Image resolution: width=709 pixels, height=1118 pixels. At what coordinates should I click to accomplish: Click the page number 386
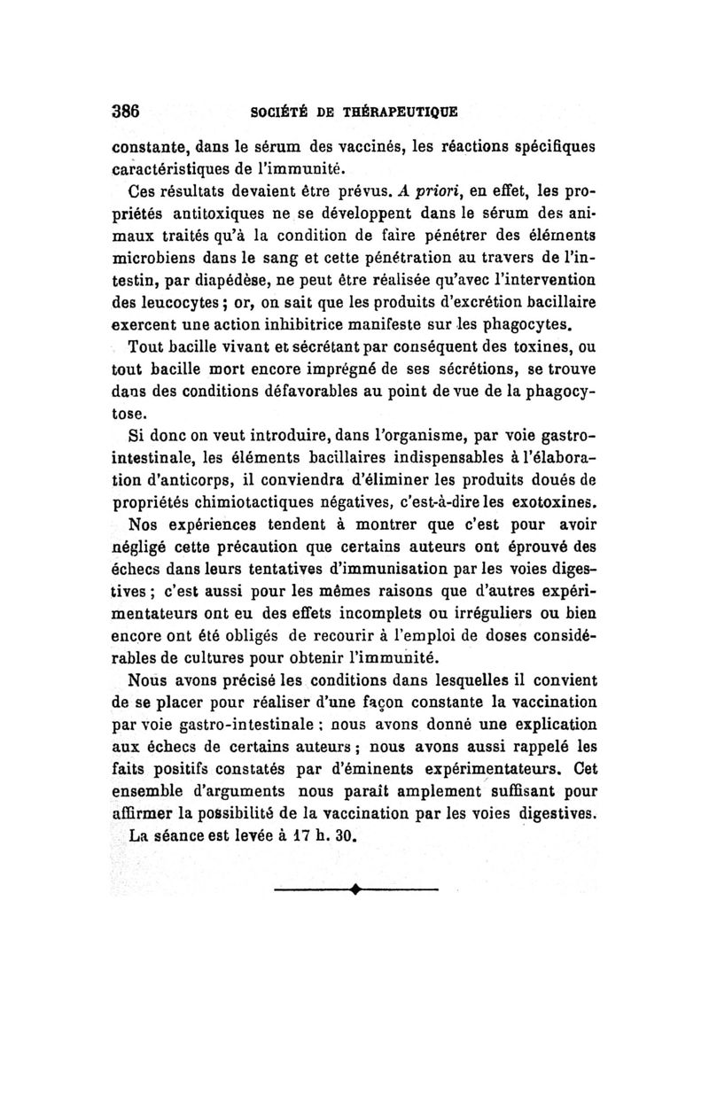coord(126,113)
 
